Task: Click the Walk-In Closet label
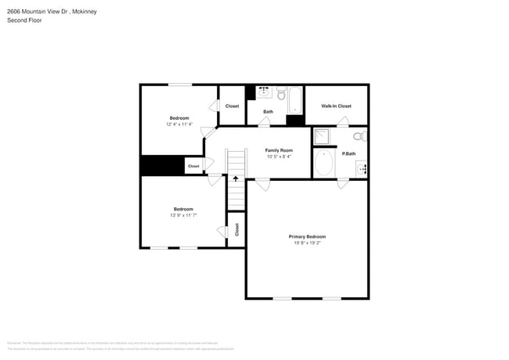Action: (336, 106)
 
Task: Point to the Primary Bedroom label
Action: (307, 236)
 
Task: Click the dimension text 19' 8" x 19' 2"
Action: (307, 243)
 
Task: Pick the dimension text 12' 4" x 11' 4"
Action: (179, 124)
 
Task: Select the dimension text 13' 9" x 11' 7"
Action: (183, 215)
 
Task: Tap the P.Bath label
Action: (349, 153)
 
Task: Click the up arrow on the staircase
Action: (236, 179)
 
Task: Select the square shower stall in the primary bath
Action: (323, 137)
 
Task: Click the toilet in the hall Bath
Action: (281, 93)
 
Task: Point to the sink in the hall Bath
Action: (265, 92)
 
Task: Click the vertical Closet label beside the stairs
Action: (236, 229)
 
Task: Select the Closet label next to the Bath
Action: (232, 106)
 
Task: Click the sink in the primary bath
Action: (361, 167)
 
